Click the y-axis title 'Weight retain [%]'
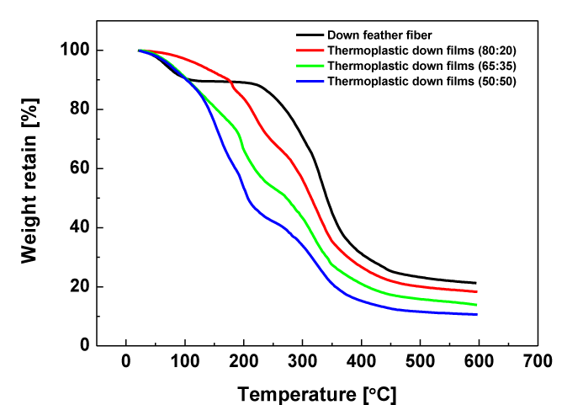coord(31,189)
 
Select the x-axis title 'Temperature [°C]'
coord(316,393)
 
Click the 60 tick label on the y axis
coord(82,168)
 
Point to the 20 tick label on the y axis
coord(82,287)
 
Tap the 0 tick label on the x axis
coord(126,362)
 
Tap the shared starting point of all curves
coord(139,51)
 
